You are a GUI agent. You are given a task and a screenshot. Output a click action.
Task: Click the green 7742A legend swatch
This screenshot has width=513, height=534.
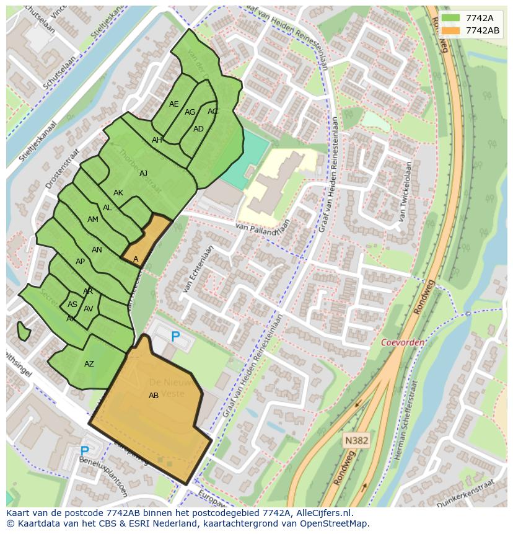[x=451, y=18]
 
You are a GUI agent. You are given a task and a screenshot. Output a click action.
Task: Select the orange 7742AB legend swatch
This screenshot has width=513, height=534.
[x=451, y=30]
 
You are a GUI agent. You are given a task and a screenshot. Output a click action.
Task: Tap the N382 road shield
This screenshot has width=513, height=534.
[x=356, y=440]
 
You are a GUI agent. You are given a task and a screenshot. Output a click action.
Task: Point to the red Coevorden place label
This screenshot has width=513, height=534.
[x=402, y=342]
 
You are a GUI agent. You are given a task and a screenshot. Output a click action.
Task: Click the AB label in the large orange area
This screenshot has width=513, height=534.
[x=154, y=396]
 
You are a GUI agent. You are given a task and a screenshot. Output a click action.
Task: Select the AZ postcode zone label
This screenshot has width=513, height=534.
[x=89, y=364]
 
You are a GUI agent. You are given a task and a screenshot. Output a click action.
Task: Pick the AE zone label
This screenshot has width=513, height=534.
[x=174, y=104]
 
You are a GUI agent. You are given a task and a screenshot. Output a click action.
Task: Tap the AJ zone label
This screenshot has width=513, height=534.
[x=144, y=174]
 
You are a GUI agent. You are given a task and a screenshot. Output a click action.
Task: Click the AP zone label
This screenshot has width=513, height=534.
[x=80, y=262]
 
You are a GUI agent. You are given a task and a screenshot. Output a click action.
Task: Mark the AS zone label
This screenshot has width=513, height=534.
[x=72, y=305]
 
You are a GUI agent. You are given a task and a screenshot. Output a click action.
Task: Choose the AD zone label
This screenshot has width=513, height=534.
[x=198, y=129]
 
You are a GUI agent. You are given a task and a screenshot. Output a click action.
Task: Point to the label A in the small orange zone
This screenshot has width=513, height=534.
[x=136, y=259]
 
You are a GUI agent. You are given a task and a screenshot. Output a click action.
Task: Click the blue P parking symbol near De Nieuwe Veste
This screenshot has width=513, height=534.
[x=175, y=337]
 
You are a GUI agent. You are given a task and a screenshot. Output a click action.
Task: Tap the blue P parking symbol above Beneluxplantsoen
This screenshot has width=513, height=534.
[x=85, y=451]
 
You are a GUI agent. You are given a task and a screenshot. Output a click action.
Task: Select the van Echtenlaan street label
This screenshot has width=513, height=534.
[x=198, y=269]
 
